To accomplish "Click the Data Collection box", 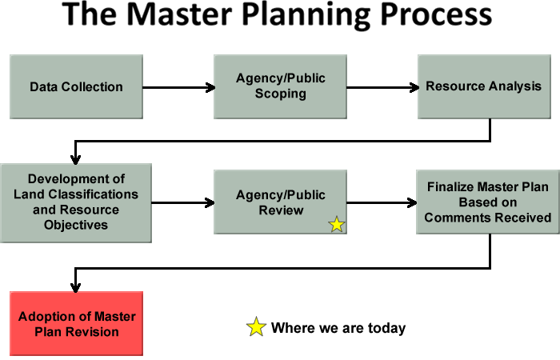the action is [76, 86].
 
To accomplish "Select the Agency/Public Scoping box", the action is [280, 86].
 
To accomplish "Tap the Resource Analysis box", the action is [484, 86].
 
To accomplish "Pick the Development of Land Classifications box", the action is [76, 203].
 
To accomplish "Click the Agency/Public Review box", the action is [280, 202].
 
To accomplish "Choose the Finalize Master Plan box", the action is [488, 202].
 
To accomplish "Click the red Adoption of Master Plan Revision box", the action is [77, 323].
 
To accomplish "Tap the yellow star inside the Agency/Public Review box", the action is [337, 225].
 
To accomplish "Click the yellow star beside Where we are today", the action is [256, 326].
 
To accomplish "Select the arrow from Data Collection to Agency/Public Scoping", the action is [179, 87].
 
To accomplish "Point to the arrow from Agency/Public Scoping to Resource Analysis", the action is [383, 87].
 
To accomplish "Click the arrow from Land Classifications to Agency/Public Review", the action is [183, 203].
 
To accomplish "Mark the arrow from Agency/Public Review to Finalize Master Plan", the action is [382, 203].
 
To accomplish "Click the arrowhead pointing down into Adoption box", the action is [75, 287].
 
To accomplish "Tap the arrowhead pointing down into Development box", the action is [75, 160].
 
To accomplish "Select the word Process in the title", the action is [436, 14].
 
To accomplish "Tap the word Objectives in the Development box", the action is [76, 226].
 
